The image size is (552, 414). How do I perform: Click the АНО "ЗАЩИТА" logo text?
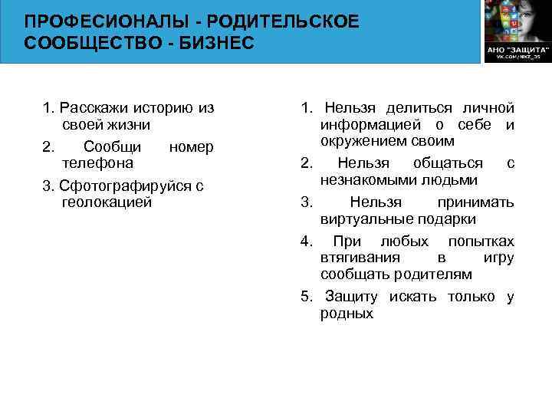pyautogui.click(x=515, y=48)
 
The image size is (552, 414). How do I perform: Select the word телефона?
pyautogui.click(x=97, y=163)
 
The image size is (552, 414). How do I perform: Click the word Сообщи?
pyautogui.click(x=112, y=146)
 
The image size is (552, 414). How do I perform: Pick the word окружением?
pyautogui.click(x=360, y=142)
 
